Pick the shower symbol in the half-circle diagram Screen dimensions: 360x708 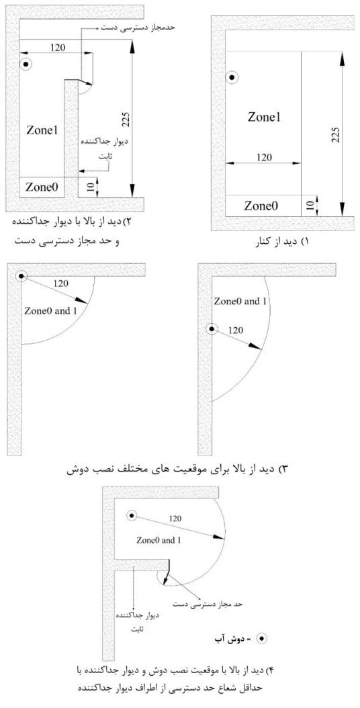coord(212,329)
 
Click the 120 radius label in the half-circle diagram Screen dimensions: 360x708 coord(236,330)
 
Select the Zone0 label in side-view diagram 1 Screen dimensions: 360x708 coord(261,206)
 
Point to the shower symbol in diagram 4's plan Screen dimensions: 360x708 coord(132,516)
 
